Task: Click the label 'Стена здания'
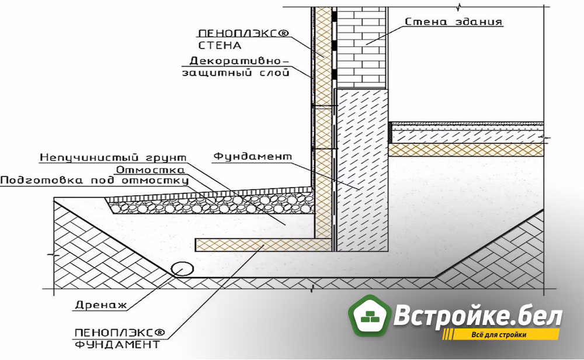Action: pos(454,22)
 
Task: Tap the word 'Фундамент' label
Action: pos(252,157)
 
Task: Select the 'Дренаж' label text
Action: pos(101,305)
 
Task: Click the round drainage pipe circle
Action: pos(182,269)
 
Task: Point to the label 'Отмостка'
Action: pos(150,170)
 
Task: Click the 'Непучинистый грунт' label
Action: pos(113,158)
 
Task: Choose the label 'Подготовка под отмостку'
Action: pos(94,181)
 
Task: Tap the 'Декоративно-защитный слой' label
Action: pos(236,67)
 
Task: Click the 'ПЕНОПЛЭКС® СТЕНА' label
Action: pos(243,39)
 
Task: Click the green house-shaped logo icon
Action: pos(370,315)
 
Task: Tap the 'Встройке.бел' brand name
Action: pos(478,315)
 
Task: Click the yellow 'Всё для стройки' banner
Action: pos(501,334)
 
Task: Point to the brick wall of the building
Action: pos(361,48)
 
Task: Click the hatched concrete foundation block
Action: pos(362,169)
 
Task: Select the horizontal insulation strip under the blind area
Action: pos(263,244)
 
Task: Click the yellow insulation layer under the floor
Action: pos(466,150)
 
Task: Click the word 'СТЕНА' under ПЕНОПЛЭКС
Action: pos(220,46)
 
